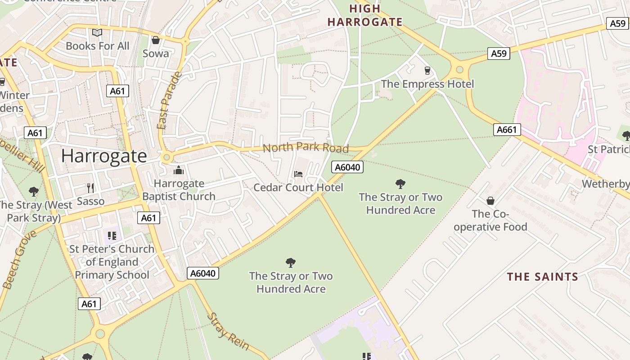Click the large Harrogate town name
coord(104,156)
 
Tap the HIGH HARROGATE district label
coord(365,15)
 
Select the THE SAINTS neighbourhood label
coord(542,276)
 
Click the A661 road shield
coord(507,130)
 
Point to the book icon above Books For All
coord(97,32)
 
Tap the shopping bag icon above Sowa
coord(156,40)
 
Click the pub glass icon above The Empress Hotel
coord(427,70)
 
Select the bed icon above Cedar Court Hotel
coord(298,174)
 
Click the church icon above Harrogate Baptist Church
coord(179,170)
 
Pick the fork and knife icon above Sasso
coord(90,188)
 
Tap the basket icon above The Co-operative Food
coord(490,200)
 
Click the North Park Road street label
coord(306,148)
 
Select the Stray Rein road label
coord(228,331)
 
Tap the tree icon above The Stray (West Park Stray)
coord(33,192)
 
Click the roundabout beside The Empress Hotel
coord(459,70)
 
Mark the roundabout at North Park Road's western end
coord(167,157)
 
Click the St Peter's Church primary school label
coord(112,262)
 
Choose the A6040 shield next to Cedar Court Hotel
coord(347,167)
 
